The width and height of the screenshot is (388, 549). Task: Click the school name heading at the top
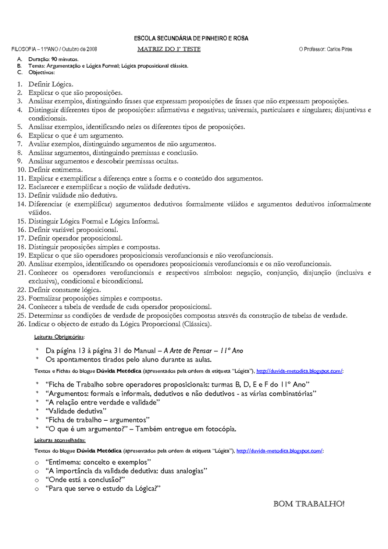tap(191, 38)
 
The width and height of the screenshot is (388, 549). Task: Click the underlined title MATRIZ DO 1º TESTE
tap(169, 49)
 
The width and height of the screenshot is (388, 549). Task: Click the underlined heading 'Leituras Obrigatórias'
tap(59, 337)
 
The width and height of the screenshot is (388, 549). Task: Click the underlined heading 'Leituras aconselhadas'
tap(60, 440)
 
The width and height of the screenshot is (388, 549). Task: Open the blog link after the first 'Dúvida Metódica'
tap(299, 371)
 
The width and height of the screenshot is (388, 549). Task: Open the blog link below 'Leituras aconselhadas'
tap(279, 451)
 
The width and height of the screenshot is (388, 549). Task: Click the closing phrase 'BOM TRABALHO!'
tap(309, 504)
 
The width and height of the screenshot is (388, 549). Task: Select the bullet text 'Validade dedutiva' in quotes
tap(76, 411)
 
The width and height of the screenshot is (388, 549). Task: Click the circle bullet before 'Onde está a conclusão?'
tap(37, 480)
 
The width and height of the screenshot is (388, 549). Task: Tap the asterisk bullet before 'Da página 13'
tap(37, 349)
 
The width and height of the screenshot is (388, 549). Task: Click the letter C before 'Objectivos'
tap(20, 72)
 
